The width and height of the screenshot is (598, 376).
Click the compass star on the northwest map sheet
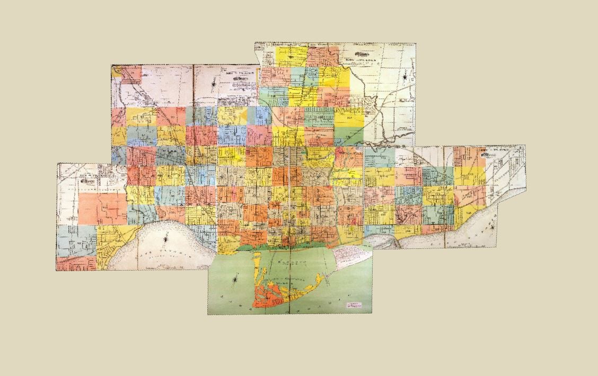pyautogui.click(x=213, y=83)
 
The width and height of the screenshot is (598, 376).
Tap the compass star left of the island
pyautogui.click(x=236, y=276)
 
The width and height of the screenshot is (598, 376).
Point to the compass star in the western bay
pyautogui.click(x=169, y=237)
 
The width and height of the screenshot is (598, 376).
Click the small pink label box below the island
pyautogui.click(x=354, y=305)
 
